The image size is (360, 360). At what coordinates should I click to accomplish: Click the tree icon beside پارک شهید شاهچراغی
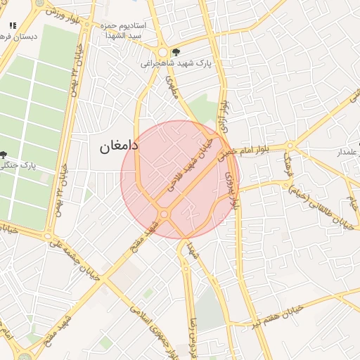pos(176,51)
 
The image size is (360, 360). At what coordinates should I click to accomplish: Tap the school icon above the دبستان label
pos(12,25)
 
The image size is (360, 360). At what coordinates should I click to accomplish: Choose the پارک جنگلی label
pos(20,166)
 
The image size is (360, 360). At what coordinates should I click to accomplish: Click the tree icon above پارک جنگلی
pos(4,155)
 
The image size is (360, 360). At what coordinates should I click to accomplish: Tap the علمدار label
pos(348,152)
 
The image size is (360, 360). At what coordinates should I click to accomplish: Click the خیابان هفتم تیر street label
pos(277,319)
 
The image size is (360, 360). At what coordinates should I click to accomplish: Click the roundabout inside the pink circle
pos(165,214)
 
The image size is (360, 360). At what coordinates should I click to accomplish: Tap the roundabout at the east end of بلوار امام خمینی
pos(290,146)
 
